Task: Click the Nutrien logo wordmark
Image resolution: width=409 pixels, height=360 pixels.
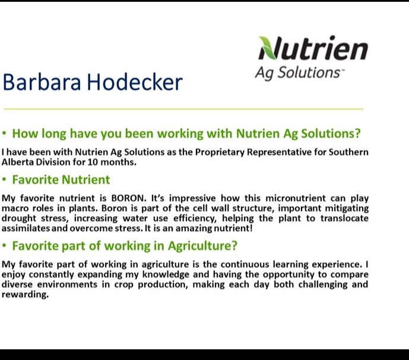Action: tap(313, 49)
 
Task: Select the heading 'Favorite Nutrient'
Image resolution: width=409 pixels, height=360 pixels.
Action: tap(61, 179)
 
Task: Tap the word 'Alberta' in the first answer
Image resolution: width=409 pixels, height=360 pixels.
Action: tap(19, 161)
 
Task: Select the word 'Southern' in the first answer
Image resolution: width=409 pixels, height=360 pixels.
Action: tap(348, 152)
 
